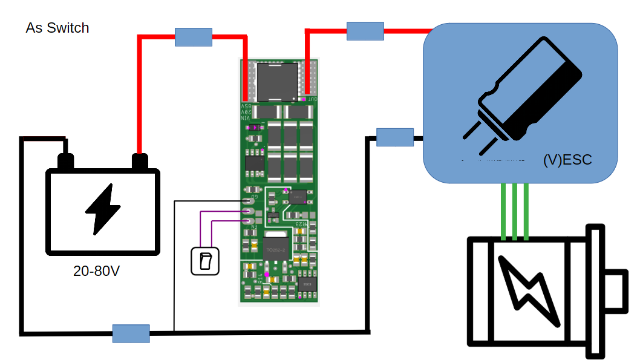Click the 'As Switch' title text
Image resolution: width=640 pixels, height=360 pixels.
pos(57,28)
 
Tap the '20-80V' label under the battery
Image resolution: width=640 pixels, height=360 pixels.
pos(97,271)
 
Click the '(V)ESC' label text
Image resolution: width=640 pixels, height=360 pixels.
pos(567,160)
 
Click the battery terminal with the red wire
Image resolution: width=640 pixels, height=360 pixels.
pos(140,162)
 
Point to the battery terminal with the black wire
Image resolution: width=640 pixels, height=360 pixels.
pos(65,162)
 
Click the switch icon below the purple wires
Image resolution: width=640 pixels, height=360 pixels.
pos(204,261)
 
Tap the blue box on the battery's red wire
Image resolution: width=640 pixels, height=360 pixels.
pos(194,37)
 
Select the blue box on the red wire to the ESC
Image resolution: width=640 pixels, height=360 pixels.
pos(365,31)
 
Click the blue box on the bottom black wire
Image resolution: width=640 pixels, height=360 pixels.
pos(131,333)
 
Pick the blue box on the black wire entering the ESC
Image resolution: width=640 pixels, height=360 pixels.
pos(394,137)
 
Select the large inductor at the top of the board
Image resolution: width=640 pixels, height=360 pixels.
pos(278,81)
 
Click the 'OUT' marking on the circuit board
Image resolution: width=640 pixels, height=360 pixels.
pos(312,99)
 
